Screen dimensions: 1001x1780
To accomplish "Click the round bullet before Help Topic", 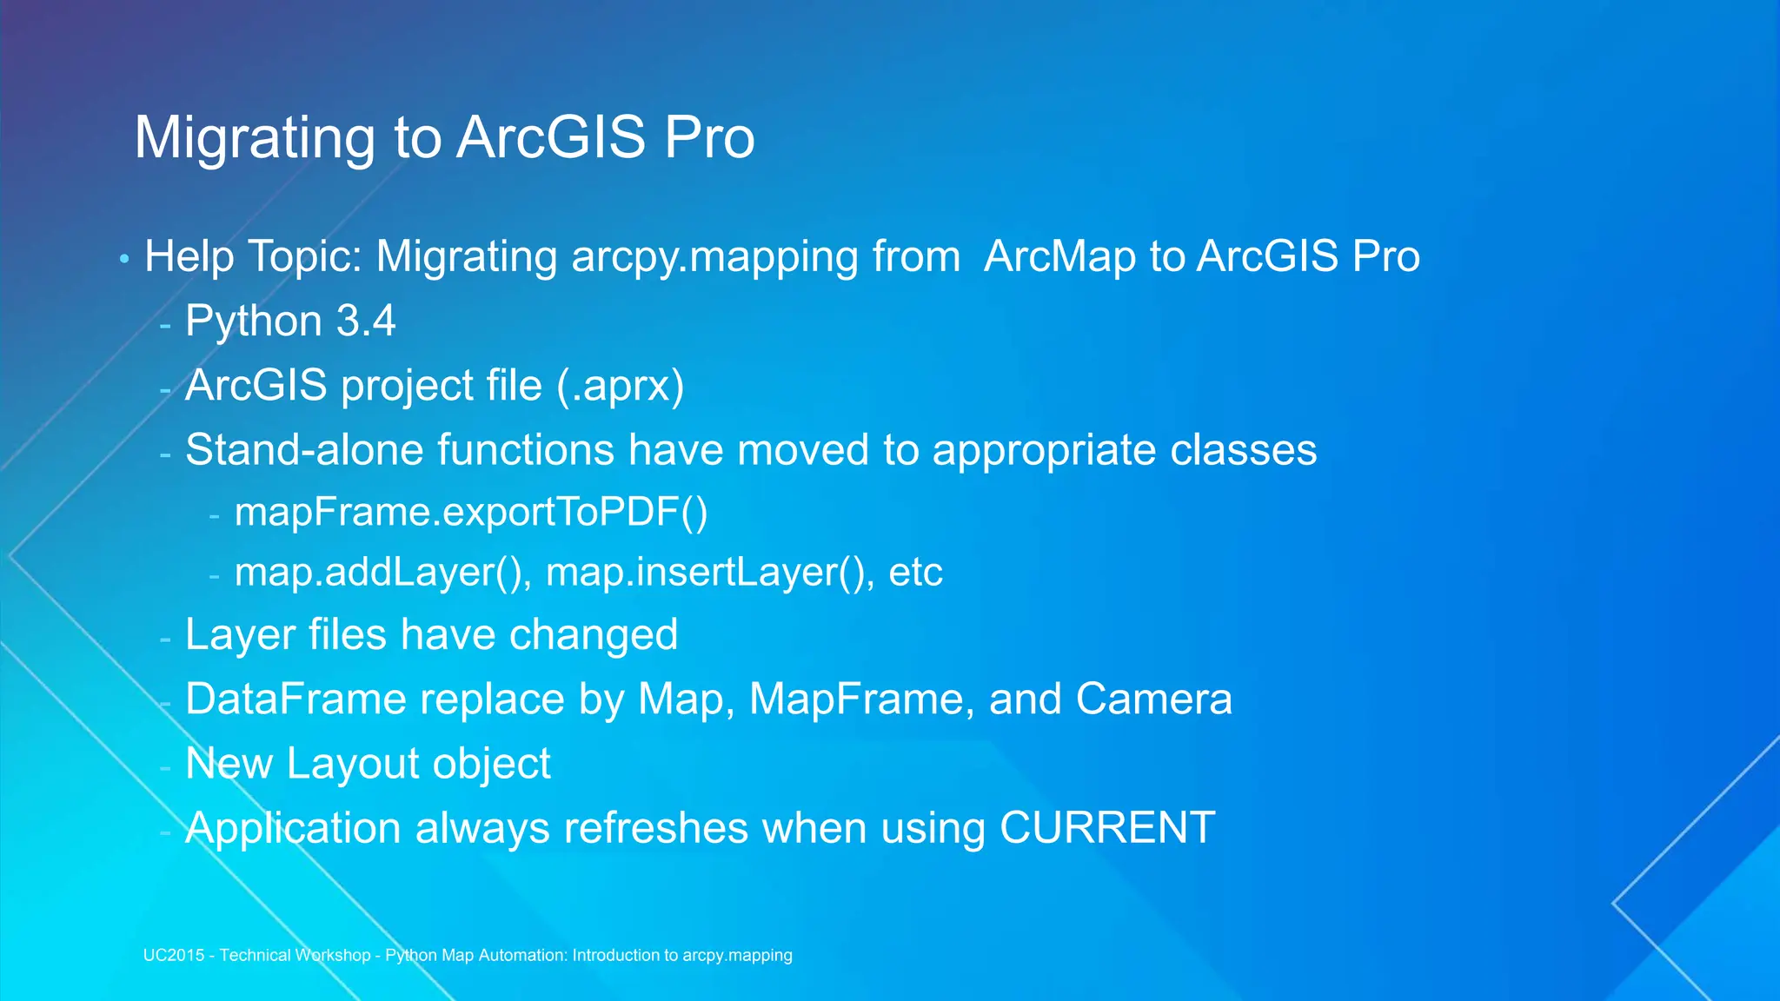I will click(x=124, y=259).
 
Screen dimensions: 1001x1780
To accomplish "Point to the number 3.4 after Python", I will click(x=366, y=322).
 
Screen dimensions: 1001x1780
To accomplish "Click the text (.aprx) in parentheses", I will click(x=620, y=386).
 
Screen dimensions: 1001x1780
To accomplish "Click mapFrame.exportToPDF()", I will click(x=471, y=512).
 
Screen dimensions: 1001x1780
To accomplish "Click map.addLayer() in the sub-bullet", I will click(x=383, y=573).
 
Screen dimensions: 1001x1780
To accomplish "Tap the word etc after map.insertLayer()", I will click(x=915, y=573).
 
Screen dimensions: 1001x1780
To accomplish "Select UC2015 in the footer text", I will click(x=173, y=955).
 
